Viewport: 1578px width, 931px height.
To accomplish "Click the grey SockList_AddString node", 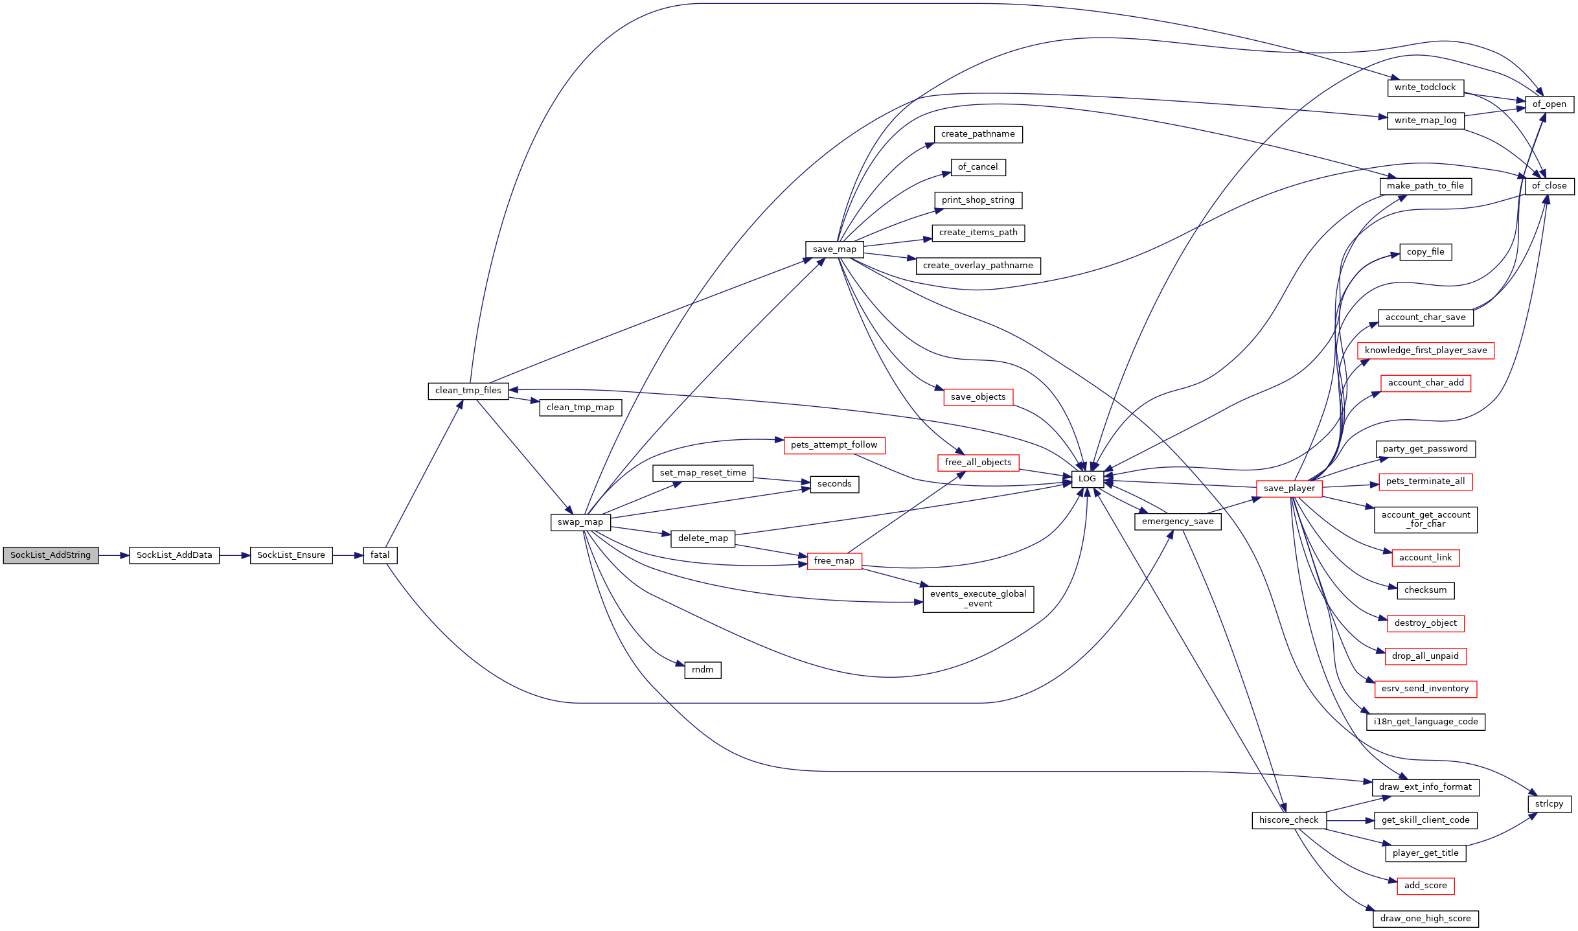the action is point(51,555).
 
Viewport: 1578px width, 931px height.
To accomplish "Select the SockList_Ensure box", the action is point(291,555).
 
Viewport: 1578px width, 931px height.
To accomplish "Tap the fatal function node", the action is point(380,555).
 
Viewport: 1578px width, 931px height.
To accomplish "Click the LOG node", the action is point(1087,479).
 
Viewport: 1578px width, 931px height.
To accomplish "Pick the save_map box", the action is point(834,249).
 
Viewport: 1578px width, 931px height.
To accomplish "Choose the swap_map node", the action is point(580,522).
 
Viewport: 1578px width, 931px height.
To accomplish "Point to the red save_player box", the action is point(1289,488).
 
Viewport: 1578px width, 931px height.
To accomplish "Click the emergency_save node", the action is point(1178,522).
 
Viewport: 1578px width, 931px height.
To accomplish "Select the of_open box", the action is point(1549,104).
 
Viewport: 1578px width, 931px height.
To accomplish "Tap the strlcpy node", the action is point(1549,804).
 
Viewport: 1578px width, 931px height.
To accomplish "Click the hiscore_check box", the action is point(1289,820).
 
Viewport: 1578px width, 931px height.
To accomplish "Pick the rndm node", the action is point(703,670).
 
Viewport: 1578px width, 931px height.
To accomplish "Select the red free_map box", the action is point(834,561).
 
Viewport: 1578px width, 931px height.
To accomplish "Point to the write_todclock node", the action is point(1425,87).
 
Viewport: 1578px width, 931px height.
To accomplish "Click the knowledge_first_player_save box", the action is point(1426,351).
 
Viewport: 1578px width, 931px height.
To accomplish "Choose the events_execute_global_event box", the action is point(978,599).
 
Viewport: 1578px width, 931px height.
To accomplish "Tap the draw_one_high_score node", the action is point(1426,919).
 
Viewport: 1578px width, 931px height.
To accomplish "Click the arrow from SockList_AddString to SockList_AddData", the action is point(114,555).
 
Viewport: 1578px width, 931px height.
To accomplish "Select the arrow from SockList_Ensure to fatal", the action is point(348,555).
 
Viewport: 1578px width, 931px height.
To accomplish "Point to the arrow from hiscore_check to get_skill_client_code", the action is point(1350,820).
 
